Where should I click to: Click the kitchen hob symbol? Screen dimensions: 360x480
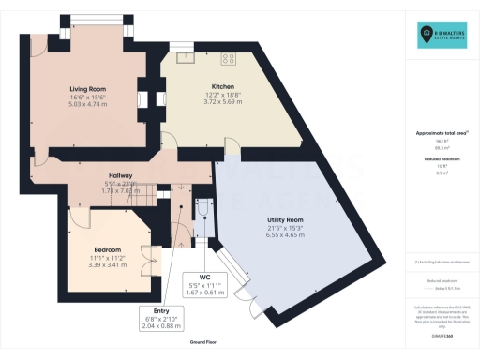[227, 58]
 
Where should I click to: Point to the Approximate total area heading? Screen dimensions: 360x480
[442, 133]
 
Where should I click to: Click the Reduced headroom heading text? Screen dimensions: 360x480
[442, 159]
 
